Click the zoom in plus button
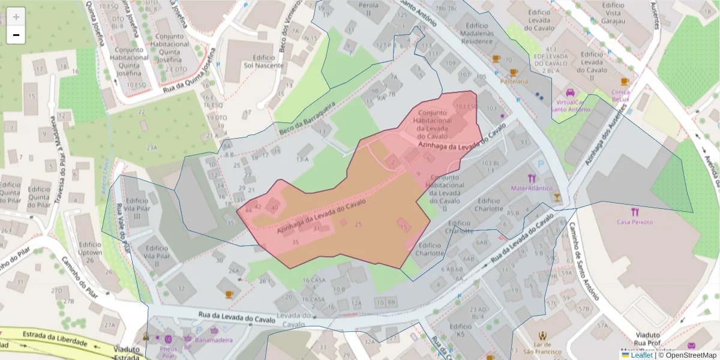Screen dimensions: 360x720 pos(16,17)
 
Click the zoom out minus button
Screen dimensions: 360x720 pos(16,35)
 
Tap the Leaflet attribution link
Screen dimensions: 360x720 pos(641,355)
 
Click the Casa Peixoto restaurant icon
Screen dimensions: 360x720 pos(635,212)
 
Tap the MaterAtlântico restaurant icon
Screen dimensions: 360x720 pos(531,178)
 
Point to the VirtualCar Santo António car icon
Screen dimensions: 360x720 pos(570,93)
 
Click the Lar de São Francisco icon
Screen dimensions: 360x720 pos(542,335)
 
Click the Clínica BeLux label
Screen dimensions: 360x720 pos(620,96)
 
